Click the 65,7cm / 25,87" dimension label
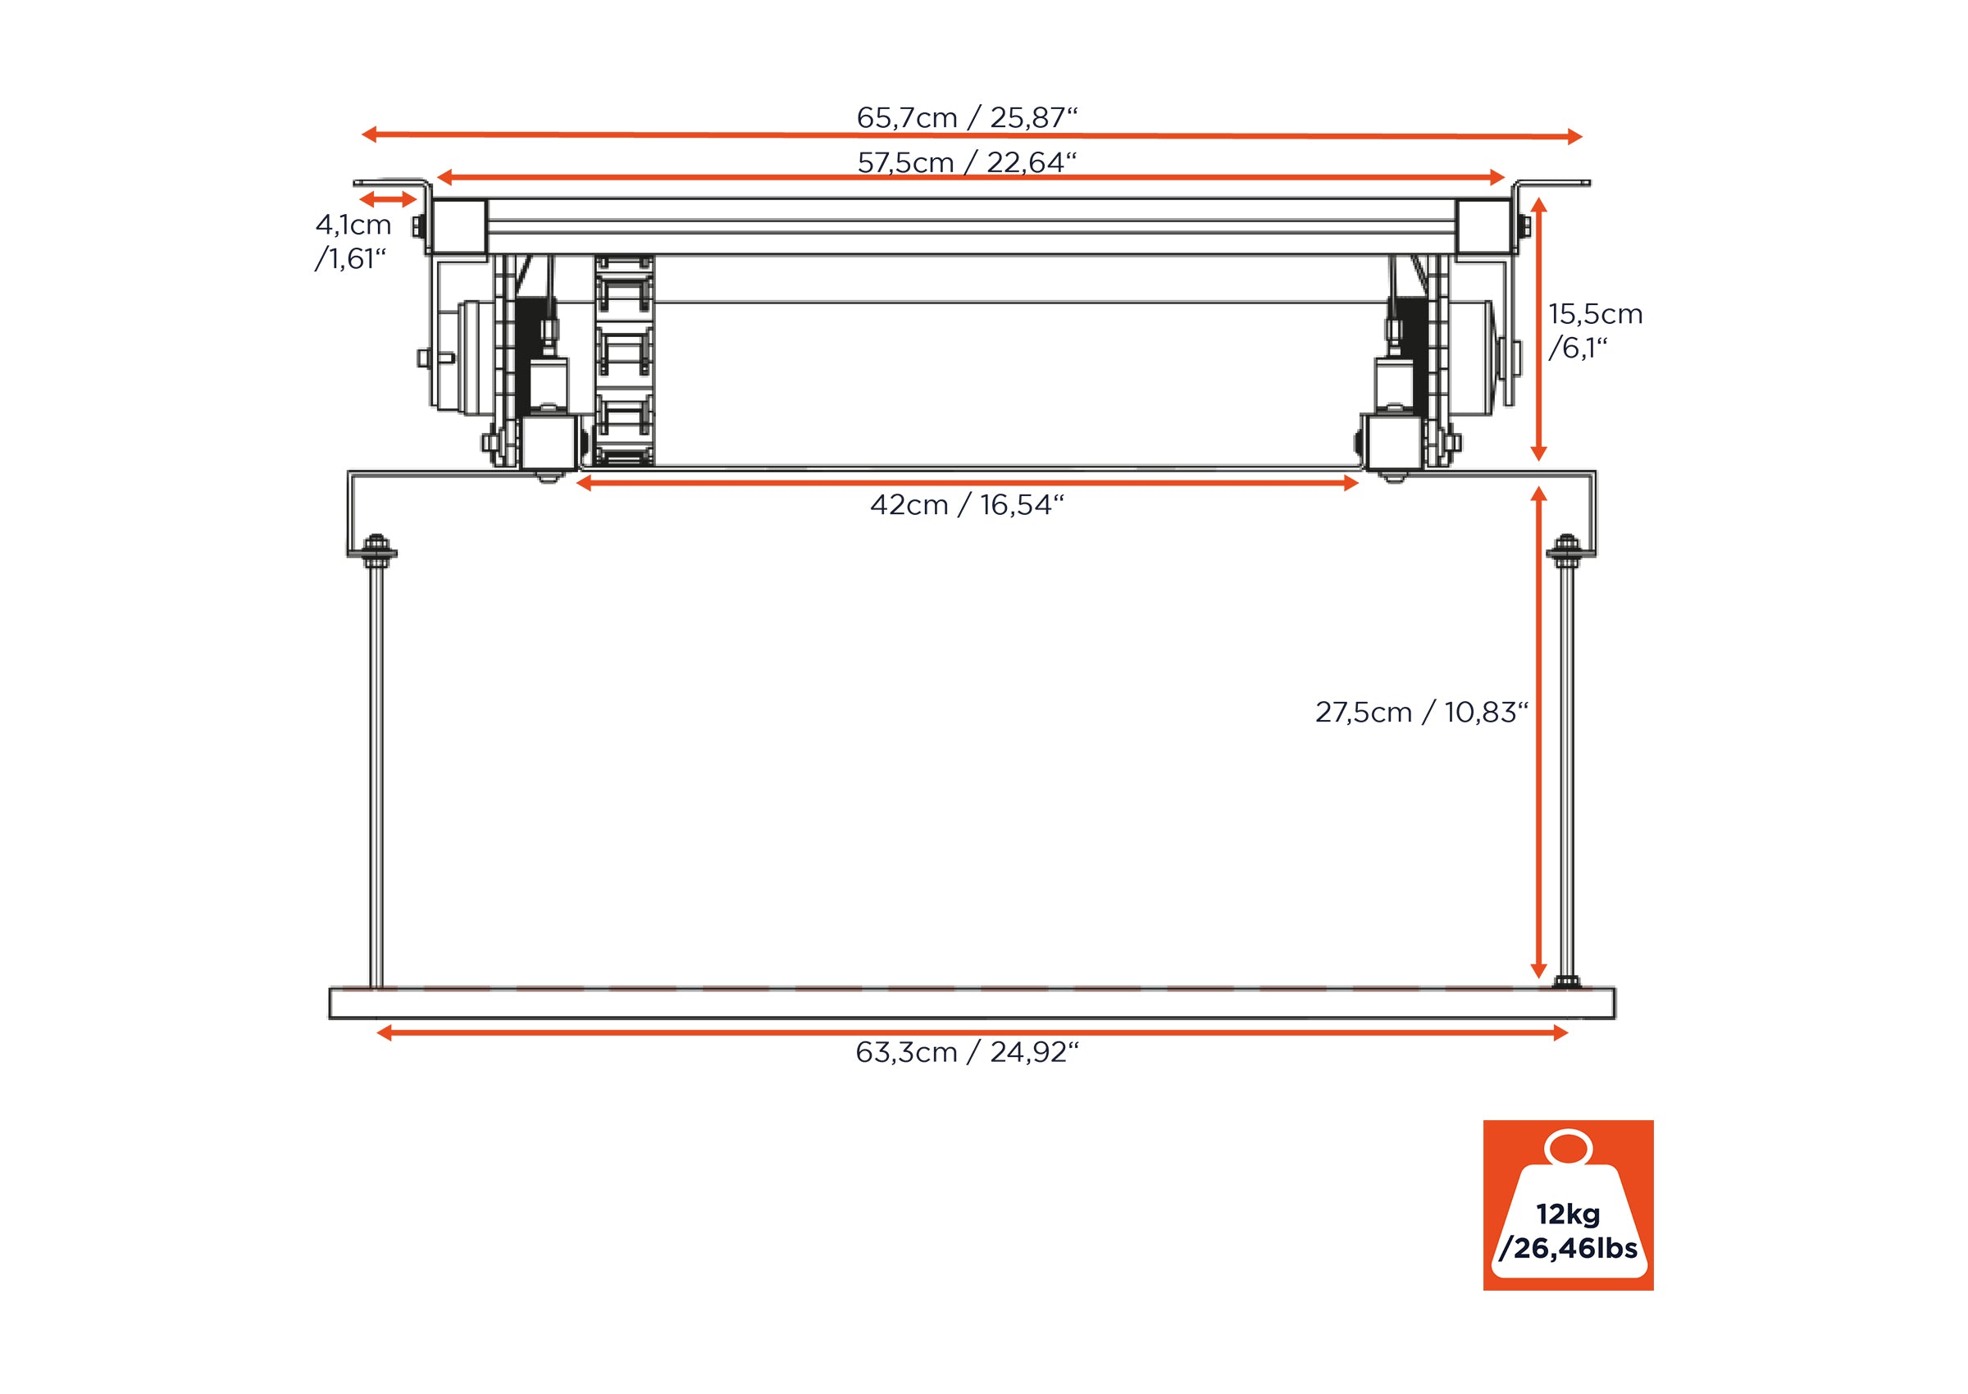pyautogui.click(x=967, y=117)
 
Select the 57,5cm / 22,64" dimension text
pyautogui.click(x=967, y=162)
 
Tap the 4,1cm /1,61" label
pyautogui.click(x=353, y=241)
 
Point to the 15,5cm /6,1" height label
pyautogui.click(x=1595, y=330)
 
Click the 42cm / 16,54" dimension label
pyautogui.click(x=967, y=505)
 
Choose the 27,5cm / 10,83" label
pyautogui.click(x=1421, y=713)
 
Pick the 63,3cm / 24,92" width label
pyautogui.click(x=967, y=1052)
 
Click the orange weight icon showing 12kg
pyautogui.click(x=1568, y=1205)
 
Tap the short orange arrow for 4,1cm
pyautogui.click(x=388, y=200)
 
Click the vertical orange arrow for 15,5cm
pyautogui.click(x=1539, y=330)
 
